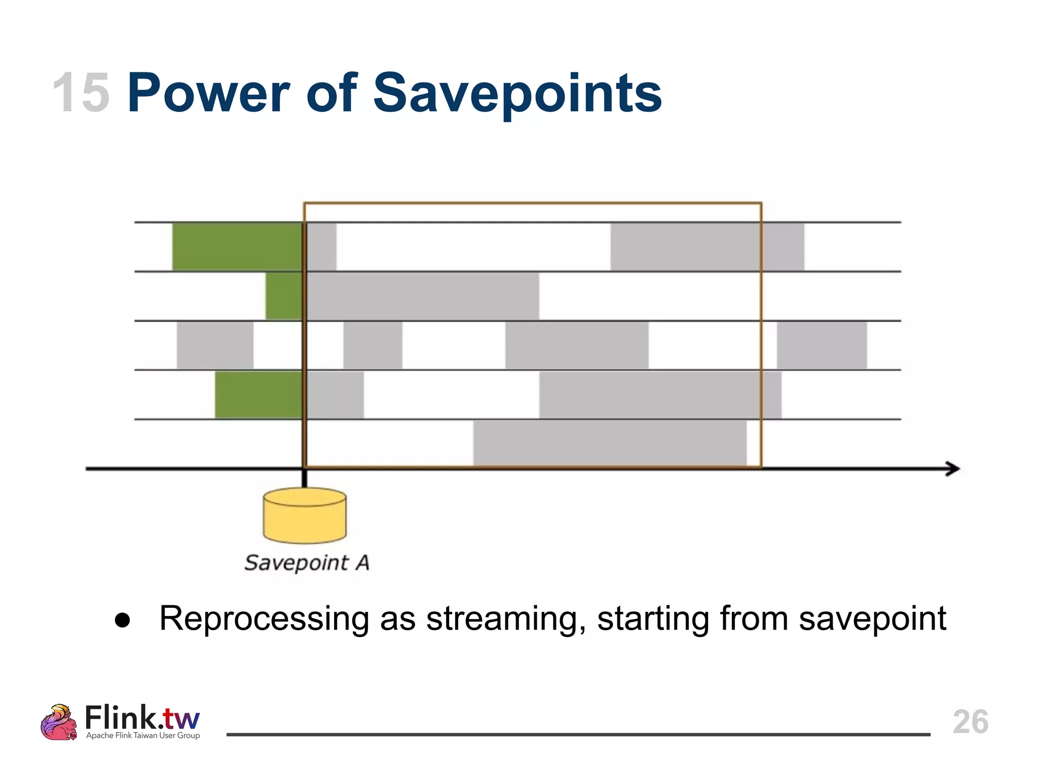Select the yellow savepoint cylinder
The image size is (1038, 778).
[305, 516]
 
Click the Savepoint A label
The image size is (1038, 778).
[307, 563]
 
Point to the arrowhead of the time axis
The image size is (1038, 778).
[953, 469]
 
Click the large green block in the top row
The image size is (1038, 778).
[237, 247]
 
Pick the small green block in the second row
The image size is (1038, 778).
[284, 296]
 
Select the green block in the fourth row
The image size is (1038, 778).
[258, 395]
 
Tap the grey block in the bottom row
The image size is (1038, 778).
[610, 443]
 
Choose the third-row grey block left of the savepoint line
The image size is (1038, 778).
[215, 345]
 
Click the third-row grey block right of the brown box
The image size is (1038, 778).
[822, 345]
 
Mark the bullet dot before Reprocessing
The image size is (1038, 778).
[123, 620]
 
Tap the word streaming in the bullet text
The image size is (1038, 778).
[506, 619]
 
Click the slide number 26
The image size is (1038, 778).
[970, 722]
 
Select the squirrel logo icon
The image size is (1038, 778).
[59, 722]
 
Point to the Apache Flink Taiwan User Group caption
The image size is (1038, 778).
[143, 735]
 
